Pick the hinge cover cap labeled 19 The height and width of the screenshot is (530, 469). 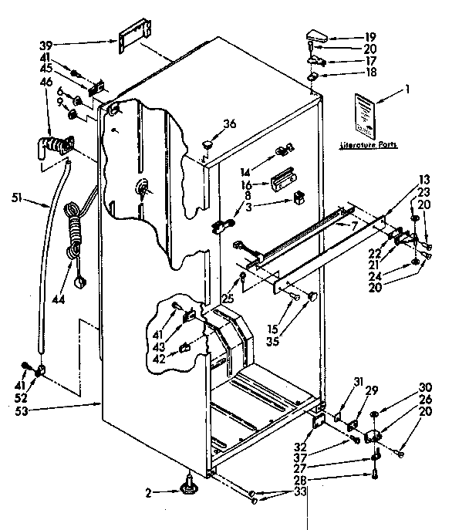pos(317,34)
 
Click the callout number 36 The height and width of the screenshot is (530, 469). pos(230,123)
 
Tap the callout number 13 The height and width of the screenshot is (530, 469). pos(423,179)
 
